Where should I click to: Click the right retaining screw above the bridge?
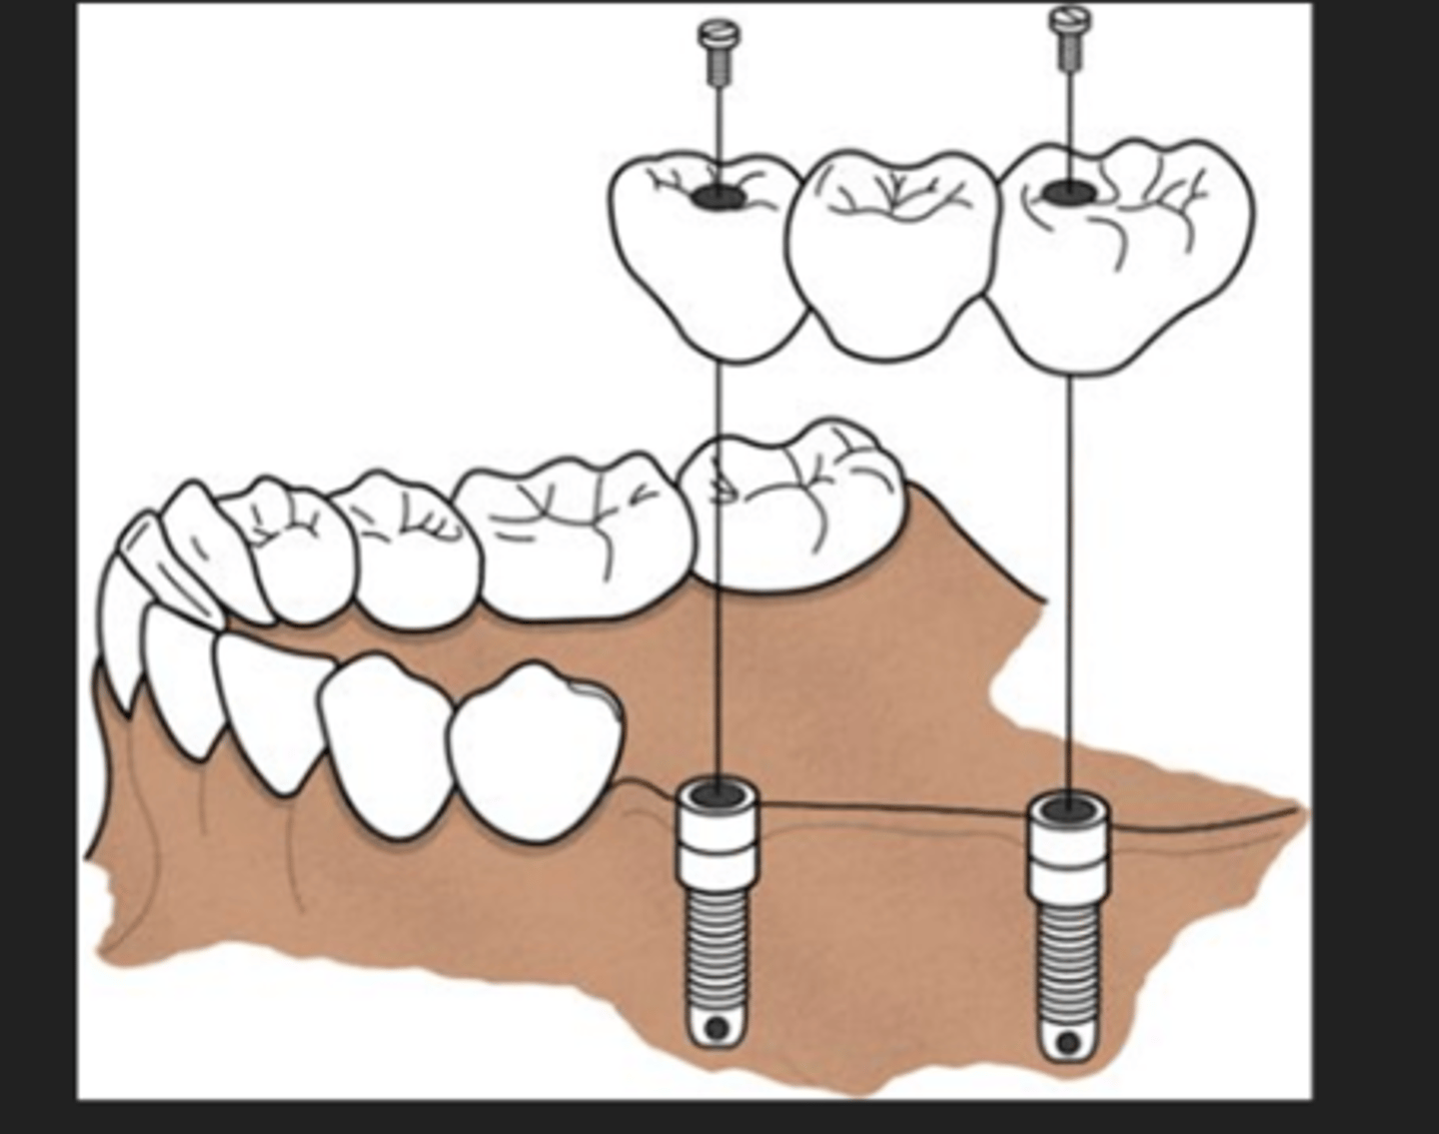pyautogui.click(x=1069, y=38)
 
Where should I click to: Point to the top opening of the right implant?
pyautogui.click(x=1068, y=803)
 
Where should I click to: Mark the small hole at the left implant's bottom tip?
pyautogui.click(x=716, y=1027)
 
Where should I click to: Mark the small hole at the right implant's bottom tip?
pyautogui.click(x=1067, y=1042)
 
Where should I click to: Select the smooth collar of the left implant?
pyautogui.click(x=718, y=839)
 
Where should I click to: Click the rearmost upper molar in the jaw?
pyautogui.click(x=794, y=510)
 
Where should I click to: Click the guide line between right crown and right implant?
pyautogui.click(x=1069, y=579)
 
